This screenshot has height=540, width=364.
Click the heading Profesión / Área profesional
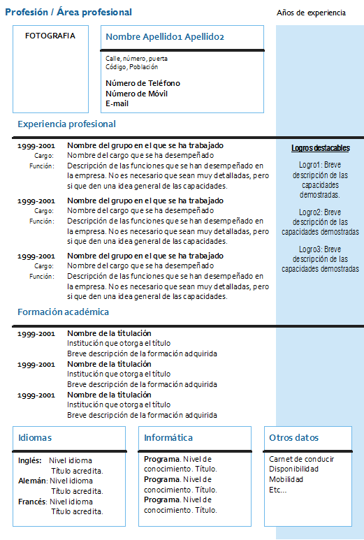[x=68, y=13]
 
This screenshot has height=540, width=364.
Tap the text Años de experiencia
[x=311, y=13]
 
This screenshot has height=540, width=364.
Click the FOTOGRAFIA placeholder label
[x=50, y=36]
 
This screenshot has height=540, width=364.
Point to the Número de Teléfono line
[x=143, y=83]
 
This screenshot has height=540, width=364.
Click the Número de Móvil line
[x=137, y=94]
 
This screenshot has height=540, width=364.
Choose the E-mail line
[x=117, y=103]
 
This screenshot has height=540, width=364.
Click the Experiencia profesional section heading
[x=66, y=124]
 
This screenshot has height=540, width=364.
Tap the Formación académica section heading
[x=63, y=312]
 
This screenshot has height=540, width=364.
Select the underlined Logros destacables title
[x=320, y=148]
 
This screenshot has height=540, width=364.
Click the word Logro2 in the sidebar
[x=310, y=212]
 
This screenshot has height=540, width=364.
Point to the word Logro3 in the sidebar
[x=310, y=249]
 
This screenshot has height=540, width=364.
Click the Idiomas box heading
[x=35, y=438]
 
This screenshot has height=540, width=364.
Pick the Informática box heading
[x=168, y=438]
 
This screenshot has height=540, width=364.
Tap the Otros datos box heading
[x=293, y=438]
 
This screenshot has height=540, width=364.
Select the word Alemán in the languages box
[x=32, y=481]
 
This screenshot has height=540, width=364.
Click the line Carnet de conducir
[x=301, y=459]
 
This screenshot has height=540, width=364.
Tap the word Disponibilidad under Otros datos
[x=293, y=469]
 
